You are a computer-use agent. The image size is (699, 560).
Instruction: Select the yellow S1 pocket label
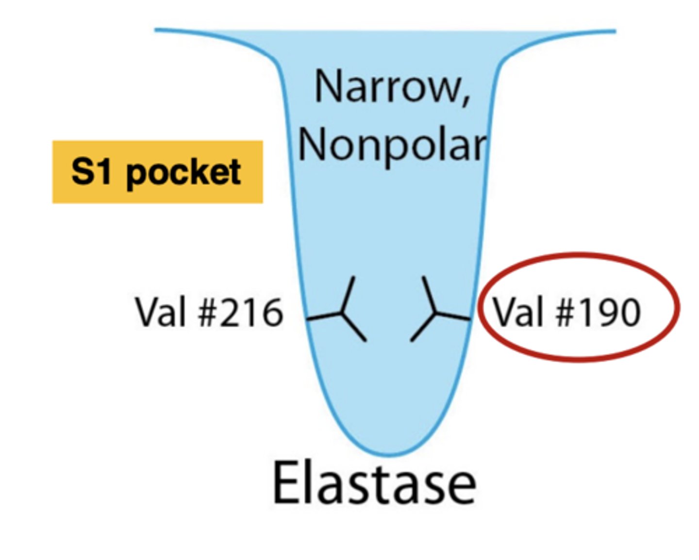coord(157,172)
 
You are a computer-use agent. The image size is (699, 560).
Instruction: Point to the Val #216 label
coord(209,313)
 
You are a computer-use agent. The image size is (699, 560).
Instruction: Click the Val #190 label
coord(566,312)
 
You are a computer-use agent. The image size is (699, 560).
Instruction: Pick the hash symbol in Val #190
coord(567,312)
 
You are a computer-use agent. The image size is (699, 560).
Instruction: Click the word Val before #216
coord(162,313)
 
